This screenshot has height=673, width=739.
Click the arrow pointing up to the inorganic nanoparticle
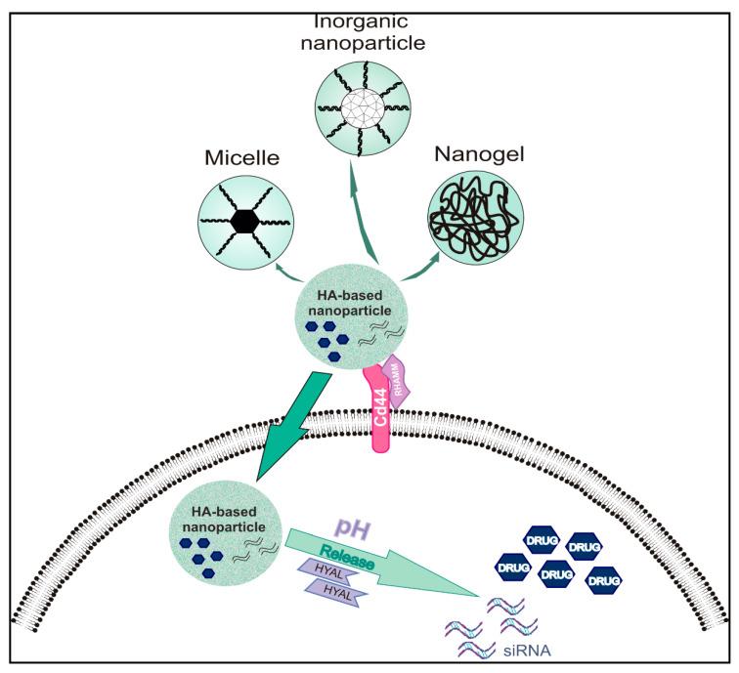coord(364,205)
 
